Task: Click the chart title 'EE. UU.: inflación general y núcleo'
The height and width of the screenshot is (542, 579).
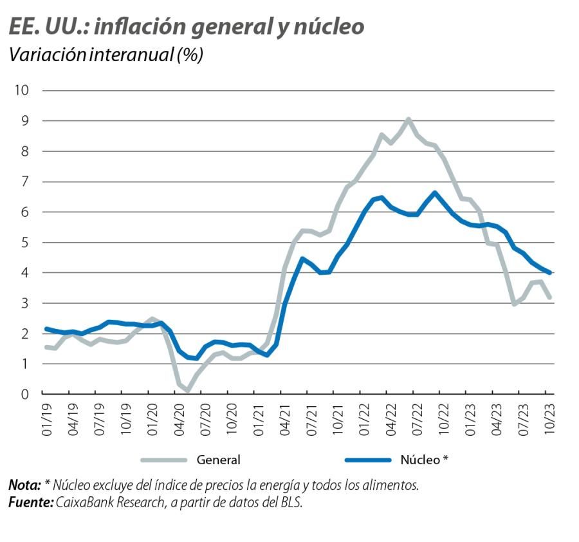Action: [186, 27]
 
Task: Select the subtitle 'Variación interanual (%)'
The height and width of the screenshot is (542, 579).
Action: [106, 55]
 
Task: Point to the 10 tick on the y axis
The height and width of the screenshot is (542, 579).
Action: [23, 90]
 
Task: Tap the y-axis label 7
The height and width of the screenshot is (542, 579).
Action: [26, 182]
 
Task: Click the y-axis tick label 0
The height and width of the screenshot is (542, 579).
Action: [26, 394]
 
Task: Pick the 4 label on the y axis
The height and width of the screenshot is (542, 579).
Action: [26, 273]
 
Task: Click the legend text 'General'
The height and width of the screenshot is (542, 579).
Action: [219, 460]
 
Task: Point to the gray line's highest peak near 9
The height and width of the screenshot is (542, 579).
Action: [409, 119]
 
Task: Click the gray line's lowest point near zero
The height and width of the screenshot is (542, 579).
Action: [187, 390]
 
